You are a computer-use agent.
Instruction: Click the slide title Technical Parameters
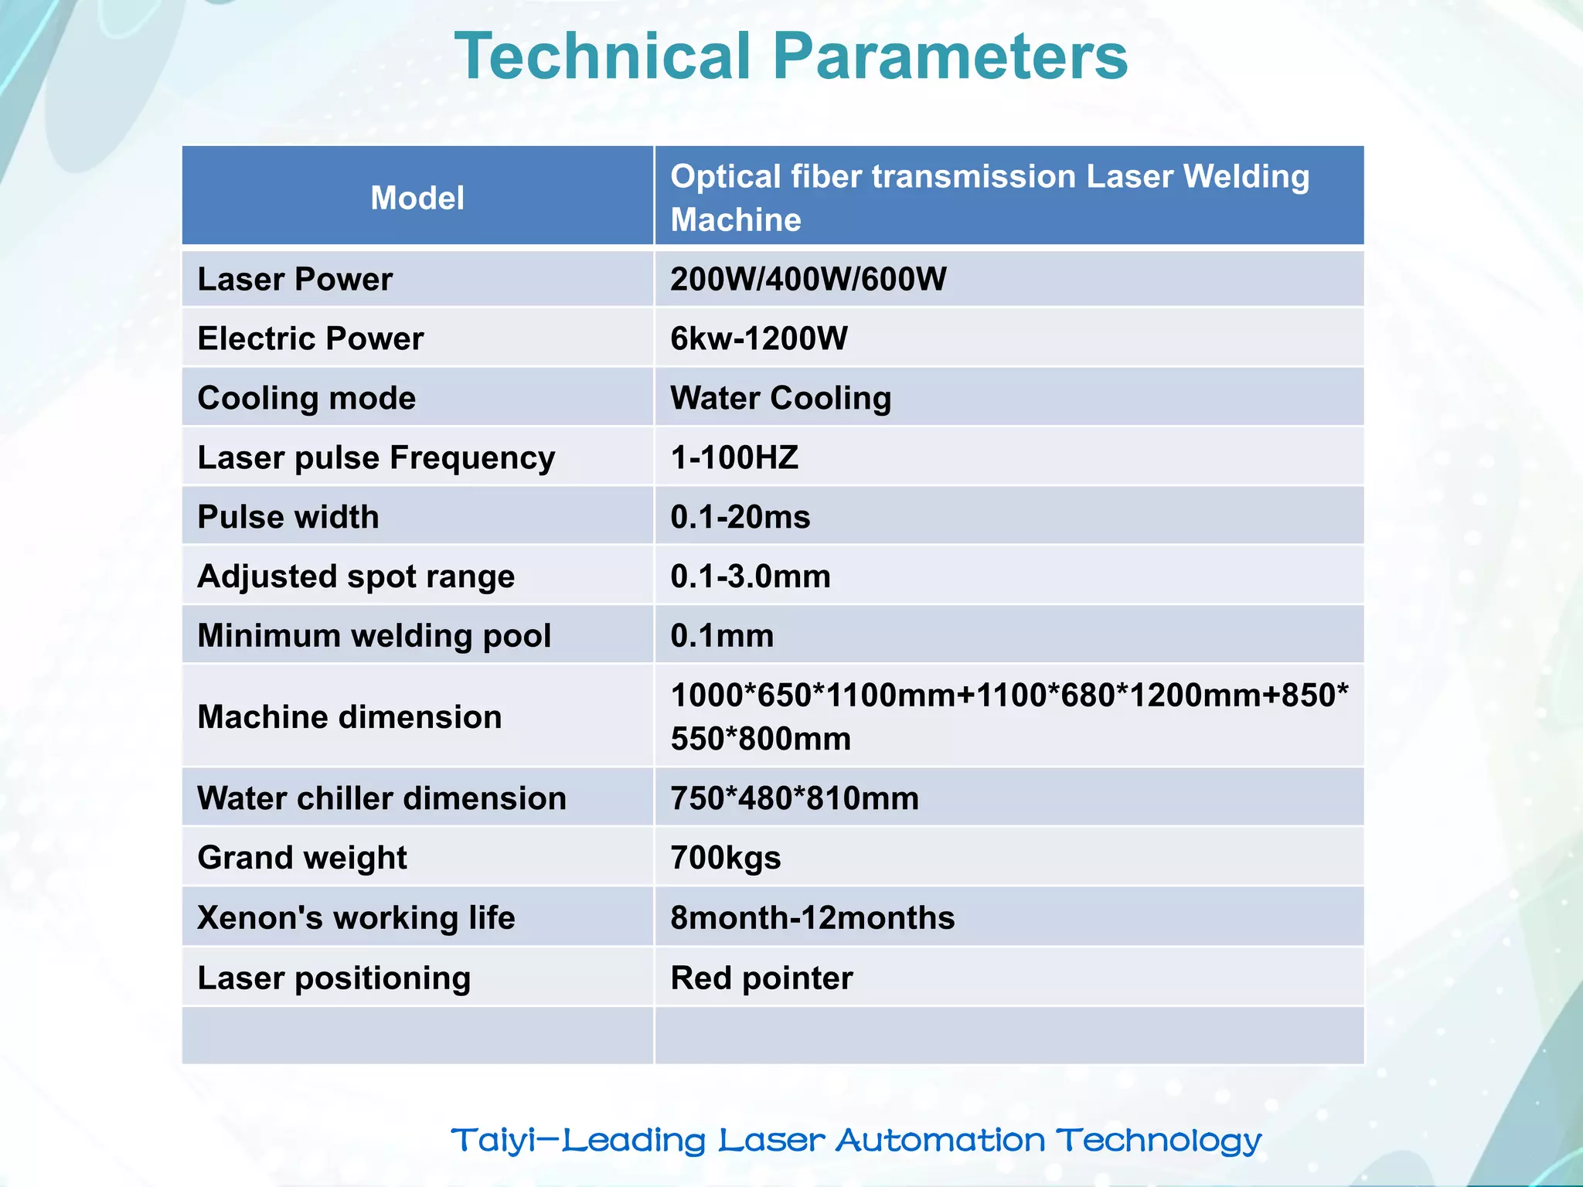[791, 56]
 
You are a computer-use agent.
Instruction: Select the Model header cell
[417, 198]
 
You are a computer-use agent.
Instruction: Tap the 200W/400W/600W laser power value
[808, 279]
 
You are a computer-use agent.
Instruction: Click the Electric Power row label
[311, 338]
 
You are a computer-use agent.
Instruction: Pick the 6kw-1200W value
[758, 338]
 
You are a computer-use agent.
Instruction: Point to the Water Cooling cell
[781, 398]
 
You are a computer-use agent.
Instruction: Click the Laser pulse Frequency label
[376, 457]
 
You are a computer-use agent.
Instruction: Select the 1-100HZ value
[734, 457]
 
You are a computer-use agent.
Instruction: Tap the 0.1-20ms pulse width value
[740, 517]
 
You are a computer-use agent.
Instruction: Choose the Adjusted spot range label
[356, 576]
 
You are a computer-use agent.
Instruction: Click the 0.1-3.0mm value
[750, 576]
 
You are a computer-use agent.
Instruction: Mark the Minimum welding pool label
[374, 636]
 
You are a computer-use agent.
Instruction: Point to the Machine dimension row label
[349, 717]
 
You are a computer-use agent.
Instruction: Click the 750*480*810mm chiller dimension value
[795, 798]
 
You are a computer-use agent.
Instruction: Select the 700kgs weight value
[725, 858]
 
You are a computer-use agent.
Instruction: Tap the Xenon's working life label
[356, 918]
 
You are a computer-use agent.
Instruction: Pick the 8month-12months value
[812, 918]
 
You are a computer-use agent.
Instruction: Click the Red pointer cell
[761, 978]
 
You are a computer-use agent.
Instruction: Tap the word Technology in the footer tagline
[1159, 1141]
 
